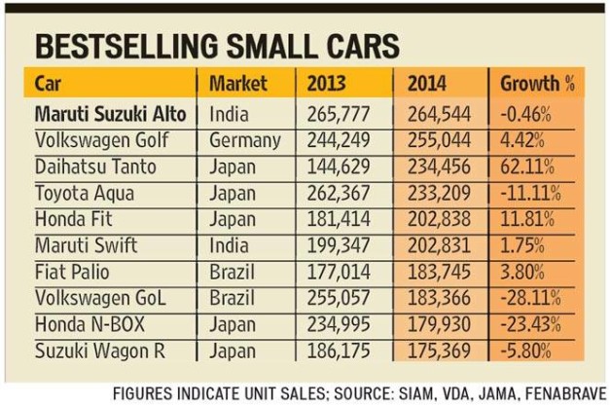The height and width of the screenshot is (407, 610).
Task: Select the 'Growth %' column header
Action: pos(538,84)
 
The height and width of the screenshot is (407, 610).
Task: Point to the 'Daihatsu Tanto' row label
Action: pos(95,166)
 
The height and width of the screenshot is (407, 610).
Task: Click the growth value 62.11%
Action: pos(531,166)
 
